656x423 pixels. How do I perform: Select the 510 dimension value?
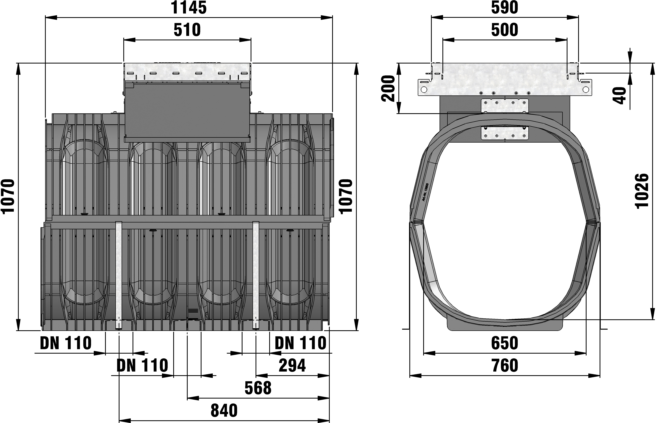pos(187,30)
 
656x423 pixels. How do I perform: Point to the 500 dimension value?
pos(505,30)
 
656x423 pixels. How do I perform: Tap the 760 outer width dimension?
pos(505,366)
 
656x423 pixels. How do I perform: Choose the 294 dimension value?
pos(292,366)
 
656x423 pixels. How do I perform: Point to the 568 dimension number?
pos(258,388)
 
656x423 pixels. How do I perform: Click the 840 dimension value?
pos(224,411)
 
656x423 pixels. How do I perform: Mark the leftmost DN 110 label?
pos(66,343)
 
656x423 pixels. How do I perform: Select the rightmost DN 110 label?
pos(300,343)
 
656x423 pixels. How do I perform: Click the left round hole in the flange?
pos(424,90)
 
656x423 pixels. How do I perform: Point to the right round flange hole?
pos(586,90)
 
